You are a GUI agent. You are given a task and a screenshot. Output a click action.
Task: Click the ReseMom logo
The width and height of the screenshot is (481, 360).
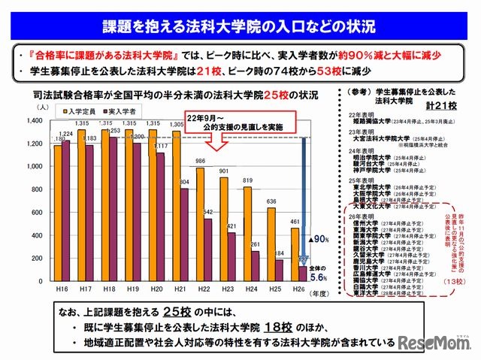point(439,343)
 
